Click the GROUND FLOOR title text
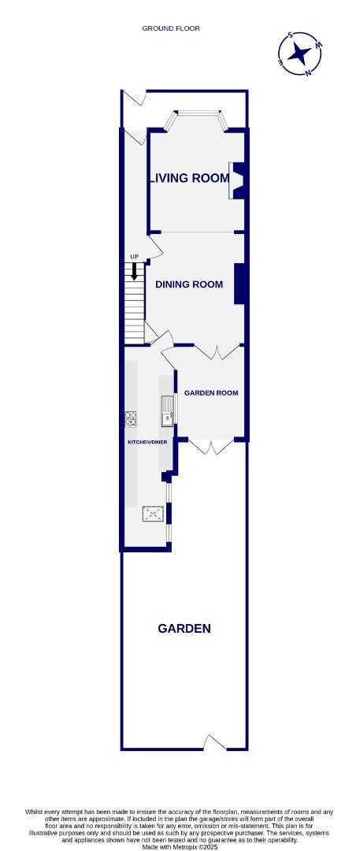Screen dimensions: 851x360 [171, 28]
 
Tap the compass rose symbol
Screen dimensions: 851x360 [300, 54]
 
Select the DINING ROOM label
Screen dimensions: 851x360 [189, 284]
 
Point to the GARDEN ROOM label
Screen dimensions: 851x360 [211, 392]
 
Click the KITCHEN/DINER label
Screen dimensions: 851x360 [148, 443]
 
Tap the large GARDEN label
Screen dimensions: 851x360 [184, 628]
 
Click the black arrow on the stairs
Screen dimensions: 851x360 [135, 272]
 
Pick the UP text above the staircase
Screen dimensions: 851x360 [135, 258]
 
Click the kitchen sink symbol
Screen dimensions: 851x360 [168, 411]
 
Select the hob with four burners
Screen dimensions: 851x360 [130, 418]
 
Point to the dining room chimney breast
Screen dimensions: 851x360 [239, 284]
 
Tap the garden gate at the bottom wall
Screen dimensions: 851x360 [214, 742]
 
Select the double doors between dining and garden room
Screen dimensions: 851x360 [210, 351]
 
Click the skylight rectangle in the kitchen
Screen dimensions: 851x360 [153, 515]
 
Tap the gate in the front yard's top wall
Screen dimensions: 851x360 [135, 98]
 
